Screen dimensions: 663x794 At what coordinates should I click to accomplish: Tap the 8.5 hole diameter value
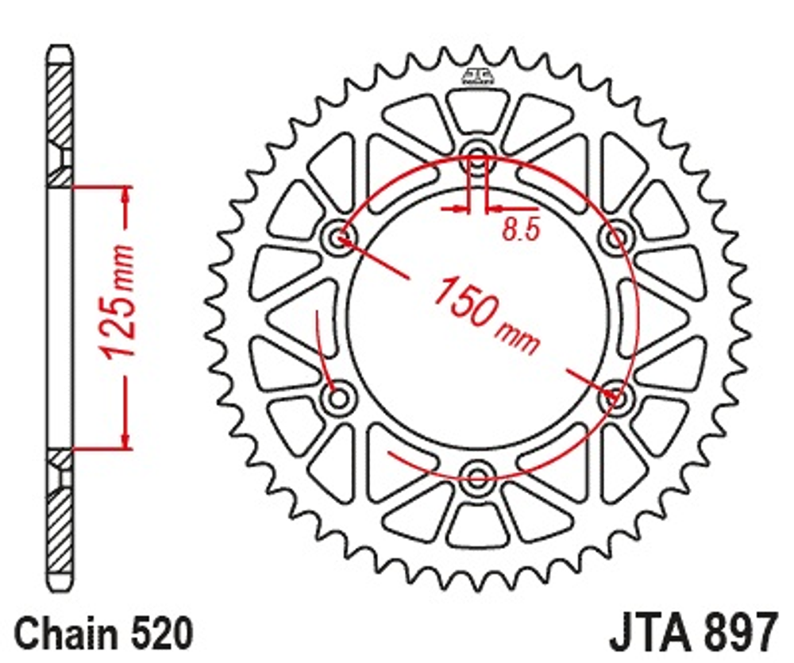tap(521, 229)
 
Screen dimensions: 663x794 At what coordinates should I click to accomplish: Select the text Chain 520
tap(104, 634)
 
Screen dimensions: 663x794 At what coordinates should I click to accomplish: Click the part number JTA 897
tap(692, 634)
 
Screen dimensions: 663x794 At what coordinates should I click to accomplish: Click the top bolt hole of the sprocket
tap(477, 156)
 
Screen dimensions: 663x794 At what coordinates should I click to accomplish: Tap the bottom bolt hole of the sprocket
tap(477, 476)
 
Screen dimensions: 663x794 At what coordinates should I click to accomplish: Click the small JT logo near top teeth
tap(477, 76)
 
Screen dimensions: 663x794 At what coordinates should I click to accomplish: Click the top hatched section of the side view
tap(59, 103)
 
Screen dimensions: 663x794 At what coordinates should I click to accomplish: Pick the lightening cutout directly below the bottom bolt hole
tap(477, 523)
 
